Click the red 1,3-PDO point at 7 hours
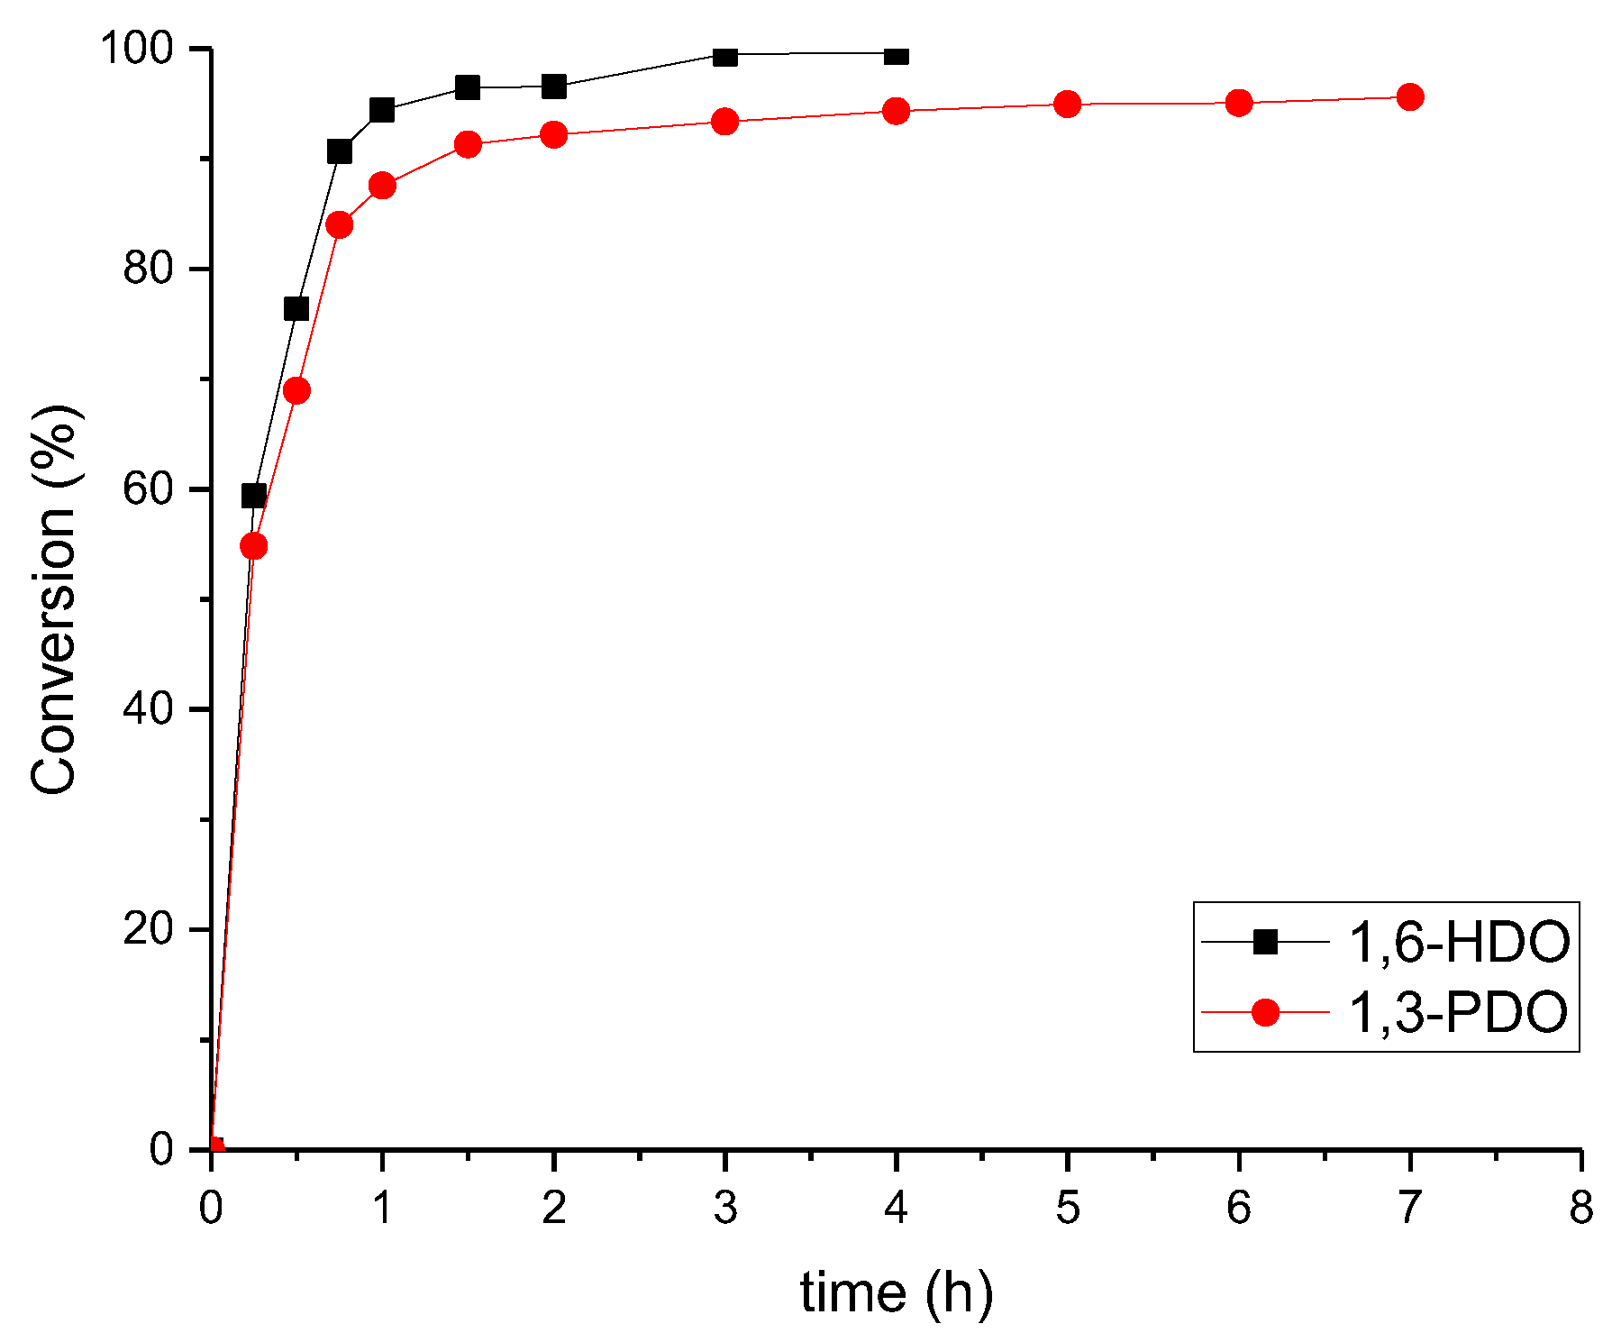click(x=1409, y=97)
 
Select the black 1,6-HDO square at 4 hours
click(x=896, y=56)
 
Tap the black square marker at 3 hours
click(x=724, y=57)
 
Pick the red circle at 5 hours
click(x=1067, y=105)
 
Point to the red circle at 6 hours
click(x=1239, y=103)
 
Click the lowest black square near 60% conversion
click(x=254, y=496)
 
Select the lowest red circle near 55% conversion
click(x=254, y=546)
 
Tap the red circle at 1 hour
click(x=382, y=186)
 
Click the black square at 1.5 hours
click(x=467, y=87)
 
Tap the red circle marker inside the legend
click(x=1265, y=1013)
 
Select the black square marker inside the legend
click(x=1265, y=943)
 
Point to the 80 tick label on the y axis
click(x=148, y=268)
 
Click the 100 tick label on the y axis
click(x=136, y=48)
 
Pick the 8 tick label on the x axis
click(x=1581, y=1209)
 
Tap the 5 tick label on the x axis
click(x=1067, y=1209)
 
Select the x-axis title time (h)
click(x=896, y=1293)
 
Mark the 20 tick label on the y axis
click(x=148, y=928)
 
